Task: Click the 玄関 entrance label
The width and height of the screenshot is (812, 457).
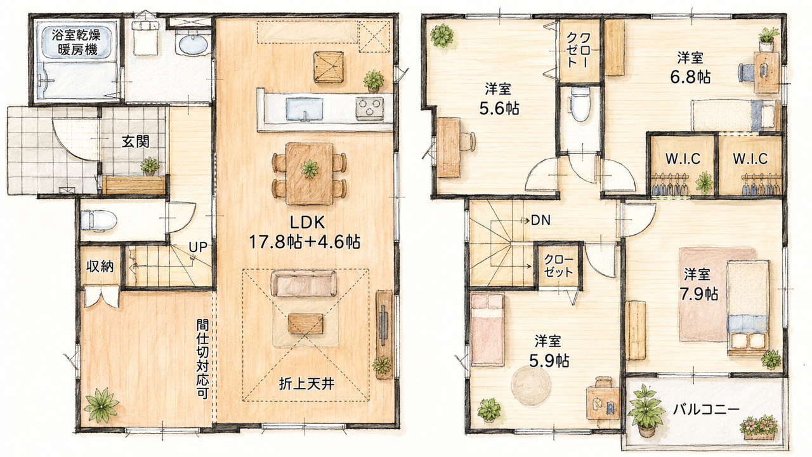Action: point(135,142)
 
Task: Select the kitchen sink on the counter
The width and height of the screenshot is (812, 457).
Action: point(304,109)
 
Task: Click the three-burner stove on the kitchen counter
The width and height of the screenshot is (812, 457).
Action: point(369,108)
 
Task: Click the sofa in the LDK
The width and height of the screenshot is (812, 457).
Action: point(304,283)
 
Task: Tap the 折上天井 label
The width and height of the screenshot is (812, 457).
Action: point(306,384)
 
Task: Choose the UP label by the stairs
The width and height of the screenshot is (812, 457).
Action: point(198,247)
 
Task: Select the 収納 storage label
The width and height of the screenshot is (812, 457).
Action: point(100,267)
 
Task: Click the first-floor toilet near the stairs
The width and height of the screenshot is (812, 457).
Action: point(98,220)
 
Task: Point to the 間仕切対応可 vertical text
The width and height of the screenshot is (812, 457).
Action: point(202,359)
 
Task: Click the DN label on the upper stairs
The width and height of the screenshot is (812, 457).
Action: point(540,220)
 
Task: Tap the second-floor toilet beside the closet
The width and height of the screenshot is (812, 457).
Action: point(580,103)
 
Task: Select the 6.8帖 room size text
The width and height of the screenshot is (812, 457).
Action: point(690,77)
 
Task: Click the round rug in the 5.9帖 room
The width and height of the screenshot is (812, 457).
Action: point(532,385)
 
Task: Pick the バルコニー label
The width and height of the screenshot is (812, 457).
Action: point(706,410)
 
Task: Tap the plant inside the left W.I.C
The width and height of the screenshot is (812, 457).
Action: point(704,182)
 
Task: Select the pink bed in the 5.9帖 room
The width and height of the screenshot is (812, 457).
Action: point(487,329)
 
